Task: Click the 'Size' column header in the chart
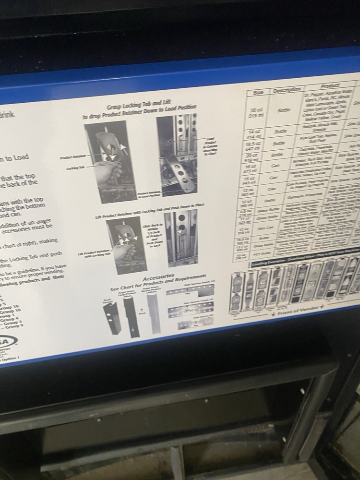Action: pos(258,92)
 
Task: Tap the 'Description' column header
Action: pos(287,89)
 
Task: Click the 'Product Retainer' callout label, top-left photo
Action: pos(72,157)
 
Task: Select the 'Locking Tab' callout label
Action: pos(75,168)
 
